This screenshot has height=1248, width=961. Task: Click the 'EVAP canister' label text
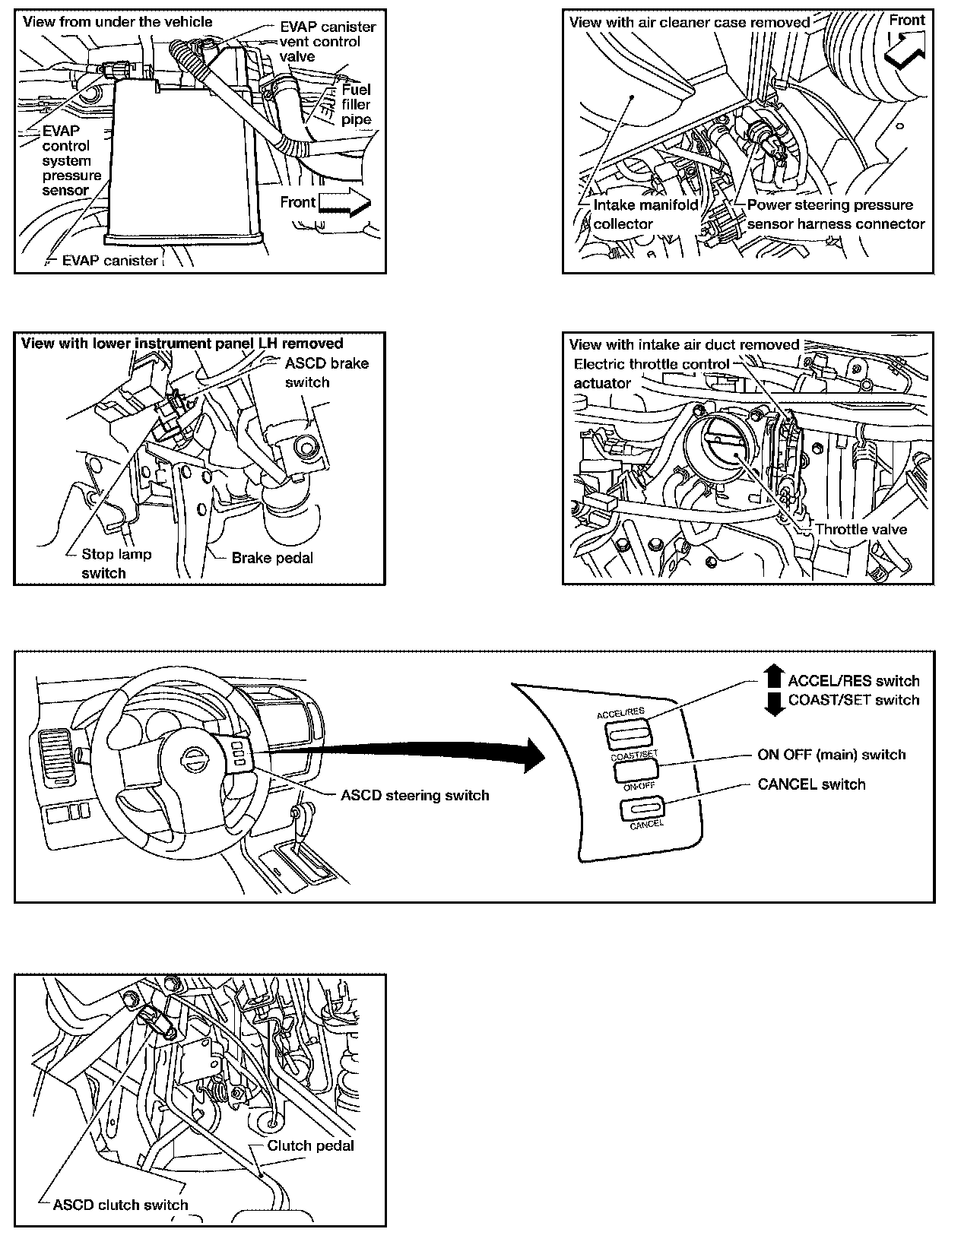[x=109, y=261]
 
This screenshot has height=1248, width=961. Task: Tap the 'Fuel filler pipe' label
[x=356, y=104]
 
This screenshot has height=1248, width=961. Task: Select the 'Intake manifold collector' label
[x=645, y=214]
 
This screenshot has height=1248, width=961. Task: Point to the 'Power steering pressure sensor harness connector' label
[x=835, y=214]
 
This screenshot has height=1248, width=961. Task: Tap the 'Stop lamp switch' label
[x=116, y=563]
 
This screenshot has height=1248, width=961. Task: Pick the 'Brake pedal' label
[x=271, y=558]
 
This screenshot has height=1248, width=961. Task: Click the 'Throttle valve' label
[x=861, y=529]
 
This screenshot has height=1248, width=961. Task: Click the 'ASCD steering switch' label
[x=414, y=796]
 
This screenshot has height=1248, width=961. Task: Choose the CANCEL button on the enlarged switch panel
[x=642, y=809]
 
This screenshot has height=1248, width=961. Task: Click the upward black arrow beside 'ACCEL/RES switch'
[x=773, y=675]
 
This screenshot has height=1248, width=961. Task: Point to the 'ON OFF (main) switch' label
[x=831, y=755]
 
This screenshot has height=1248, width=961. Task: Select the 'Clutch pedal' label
[x=310, y=1145]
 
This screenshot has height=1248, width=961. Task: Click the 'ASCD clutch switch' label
[x=120, y=1205]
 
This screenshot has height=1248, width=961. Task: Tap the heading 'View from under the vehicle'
[x=118, y=22]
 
